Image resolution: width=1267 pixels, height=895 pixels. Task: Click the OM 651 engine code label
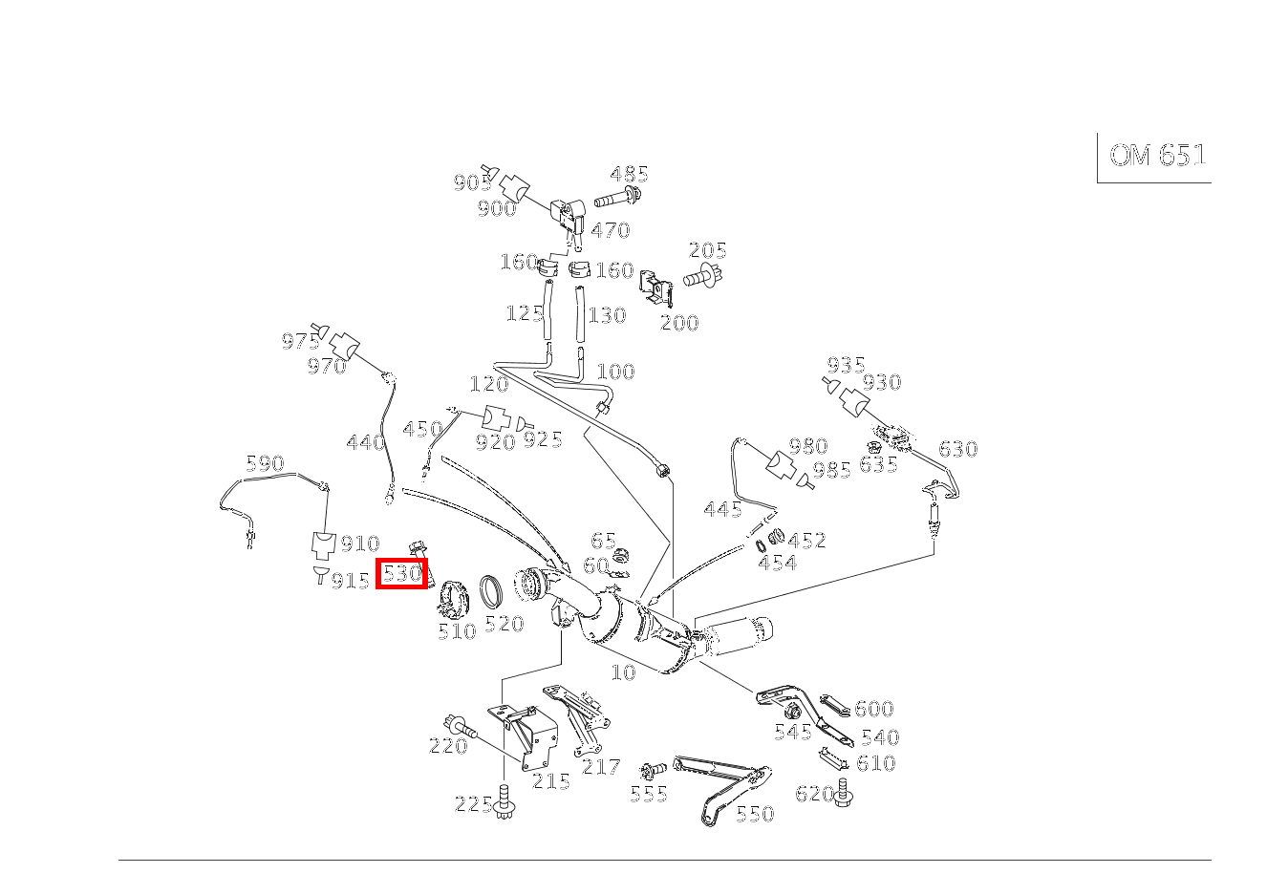click(x=1157, y=156)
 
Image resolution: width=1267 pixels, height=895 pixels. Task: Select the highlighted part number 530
click(x=401, y=574)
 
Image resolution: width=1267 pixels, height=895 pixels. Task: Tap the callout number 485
click(x=629, y=174)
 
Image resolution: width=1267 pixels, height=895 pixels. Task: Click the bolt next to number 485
click(x=617, y=200)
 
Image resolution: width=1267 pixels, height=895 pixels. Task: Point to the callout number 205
click(x=707, y=250)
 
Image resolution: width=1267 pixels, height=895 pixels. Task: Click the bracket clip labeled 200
click(x=657, y=286)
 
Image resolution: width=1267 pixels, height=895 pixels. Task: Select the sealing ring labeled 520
click(x=492, y=592)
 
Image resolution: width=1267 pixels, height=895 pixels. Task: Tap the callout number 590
click(x=265, y=463)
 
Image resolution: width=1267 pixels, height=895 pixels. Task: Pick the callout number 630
click(x=957, y=449)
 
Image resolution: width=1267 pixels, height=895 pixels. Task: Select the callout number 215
click(x=551, y=781)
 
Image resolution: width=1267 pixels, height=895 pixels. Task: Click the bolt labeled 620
click(x=843, y=793)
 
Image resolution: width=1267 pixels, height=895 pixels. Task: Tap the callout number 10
click(x=623, y=672)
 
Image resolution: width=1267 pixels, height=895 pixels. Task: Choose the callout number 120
click(x=488, y=384)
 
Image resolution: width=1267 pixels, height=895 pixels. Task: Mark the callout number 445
click(x=722, y=509)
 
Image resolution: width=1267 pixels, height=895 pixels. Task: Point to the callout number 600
click(x=873, y=709)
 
